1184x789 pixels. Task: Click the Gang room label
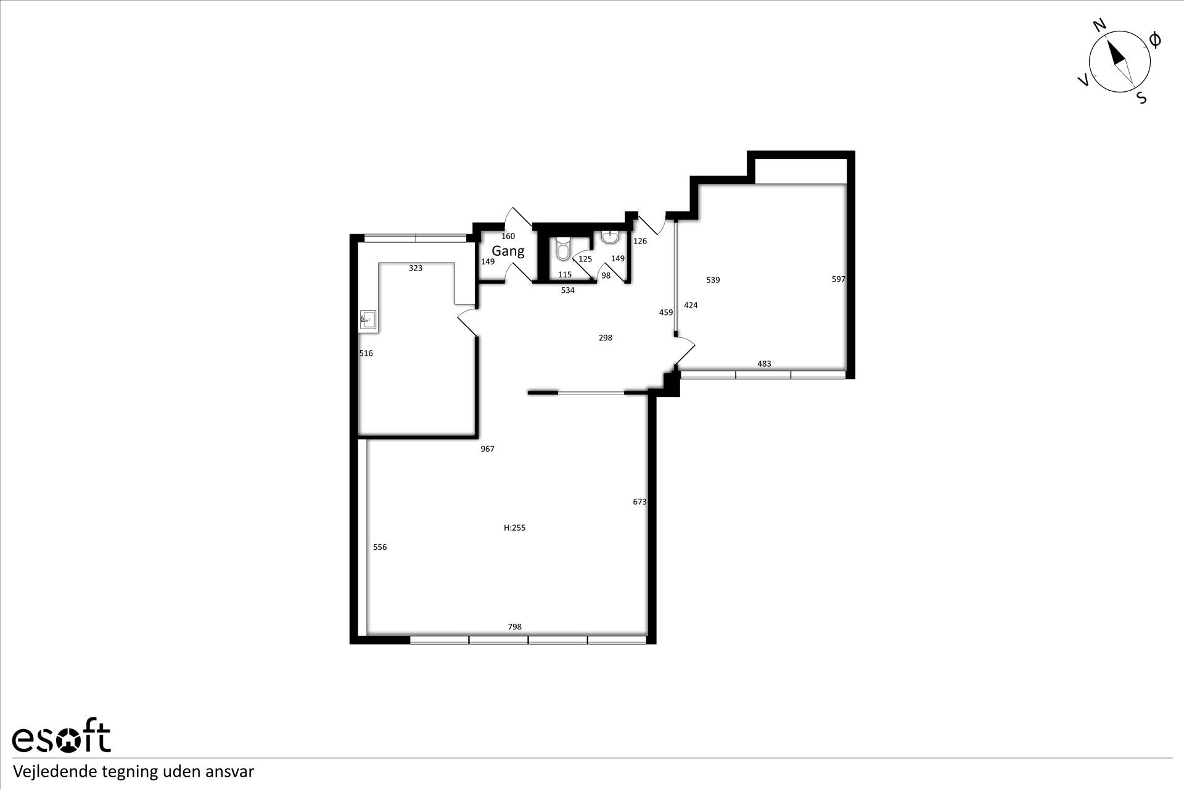tap(508, 251)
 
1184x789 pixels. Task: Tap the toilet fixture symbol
tap(563, 248)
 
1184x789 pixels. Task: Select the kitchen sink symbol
tap(368, 320)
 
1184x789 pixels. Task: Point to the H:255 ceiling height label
tap(515, 528)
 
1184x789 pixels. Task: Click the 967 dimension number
tap(487, 449)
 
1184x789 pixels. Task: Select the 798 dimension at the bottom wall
tap(514, 627)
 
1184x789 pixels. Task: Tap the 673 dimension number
tap(639, 502)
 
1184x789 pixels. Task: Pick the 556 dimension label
tap(380, 547)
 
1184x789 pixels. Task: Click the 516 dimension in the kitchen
tap(366, 353)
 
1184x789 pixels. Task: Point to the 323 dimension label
tap(416, 268)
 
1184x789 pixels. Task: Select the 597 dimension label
tap(839, 279)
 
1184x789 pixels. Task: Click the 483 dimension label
tap(764, 364)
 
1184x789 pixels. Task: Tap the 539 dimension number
tap(713, 280)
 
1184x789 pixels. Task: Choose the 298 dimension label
tap(606, 338)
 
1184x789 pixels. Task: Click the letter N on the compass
tap(1100, 25)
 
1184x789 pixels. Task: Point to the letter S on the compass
tap(1141, 98)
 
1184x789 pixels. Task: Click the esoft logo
tap(61, 735)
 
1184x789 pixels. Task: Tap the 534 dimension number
tap(567, 290)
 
